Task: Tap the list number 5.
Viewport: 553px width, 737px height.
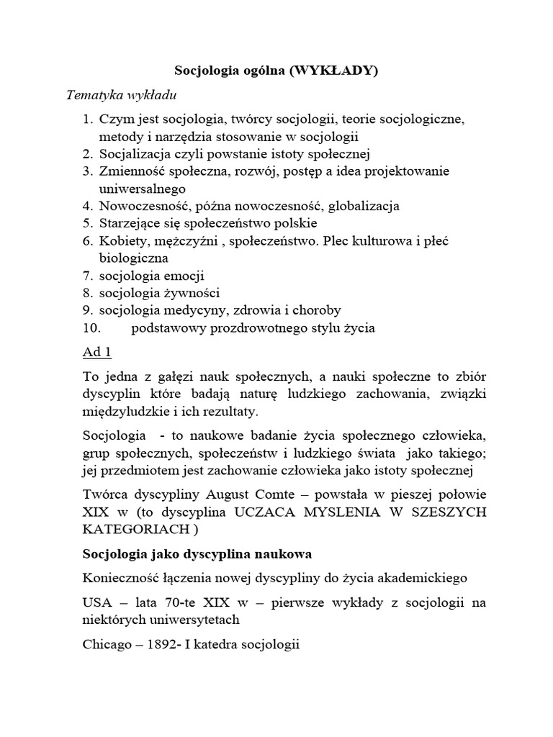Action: click(x=86, y=223)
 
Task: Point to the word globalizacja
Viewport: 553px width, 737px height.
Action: click(x=364, y=206)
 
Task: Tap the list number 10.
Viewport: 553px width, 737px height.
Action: click(x=89, y=328)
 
